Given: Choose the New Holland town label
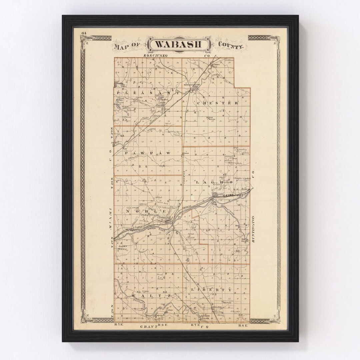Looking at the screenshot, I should [245, 240].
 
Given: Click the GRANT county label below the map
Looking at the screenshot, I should [149, 327].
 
